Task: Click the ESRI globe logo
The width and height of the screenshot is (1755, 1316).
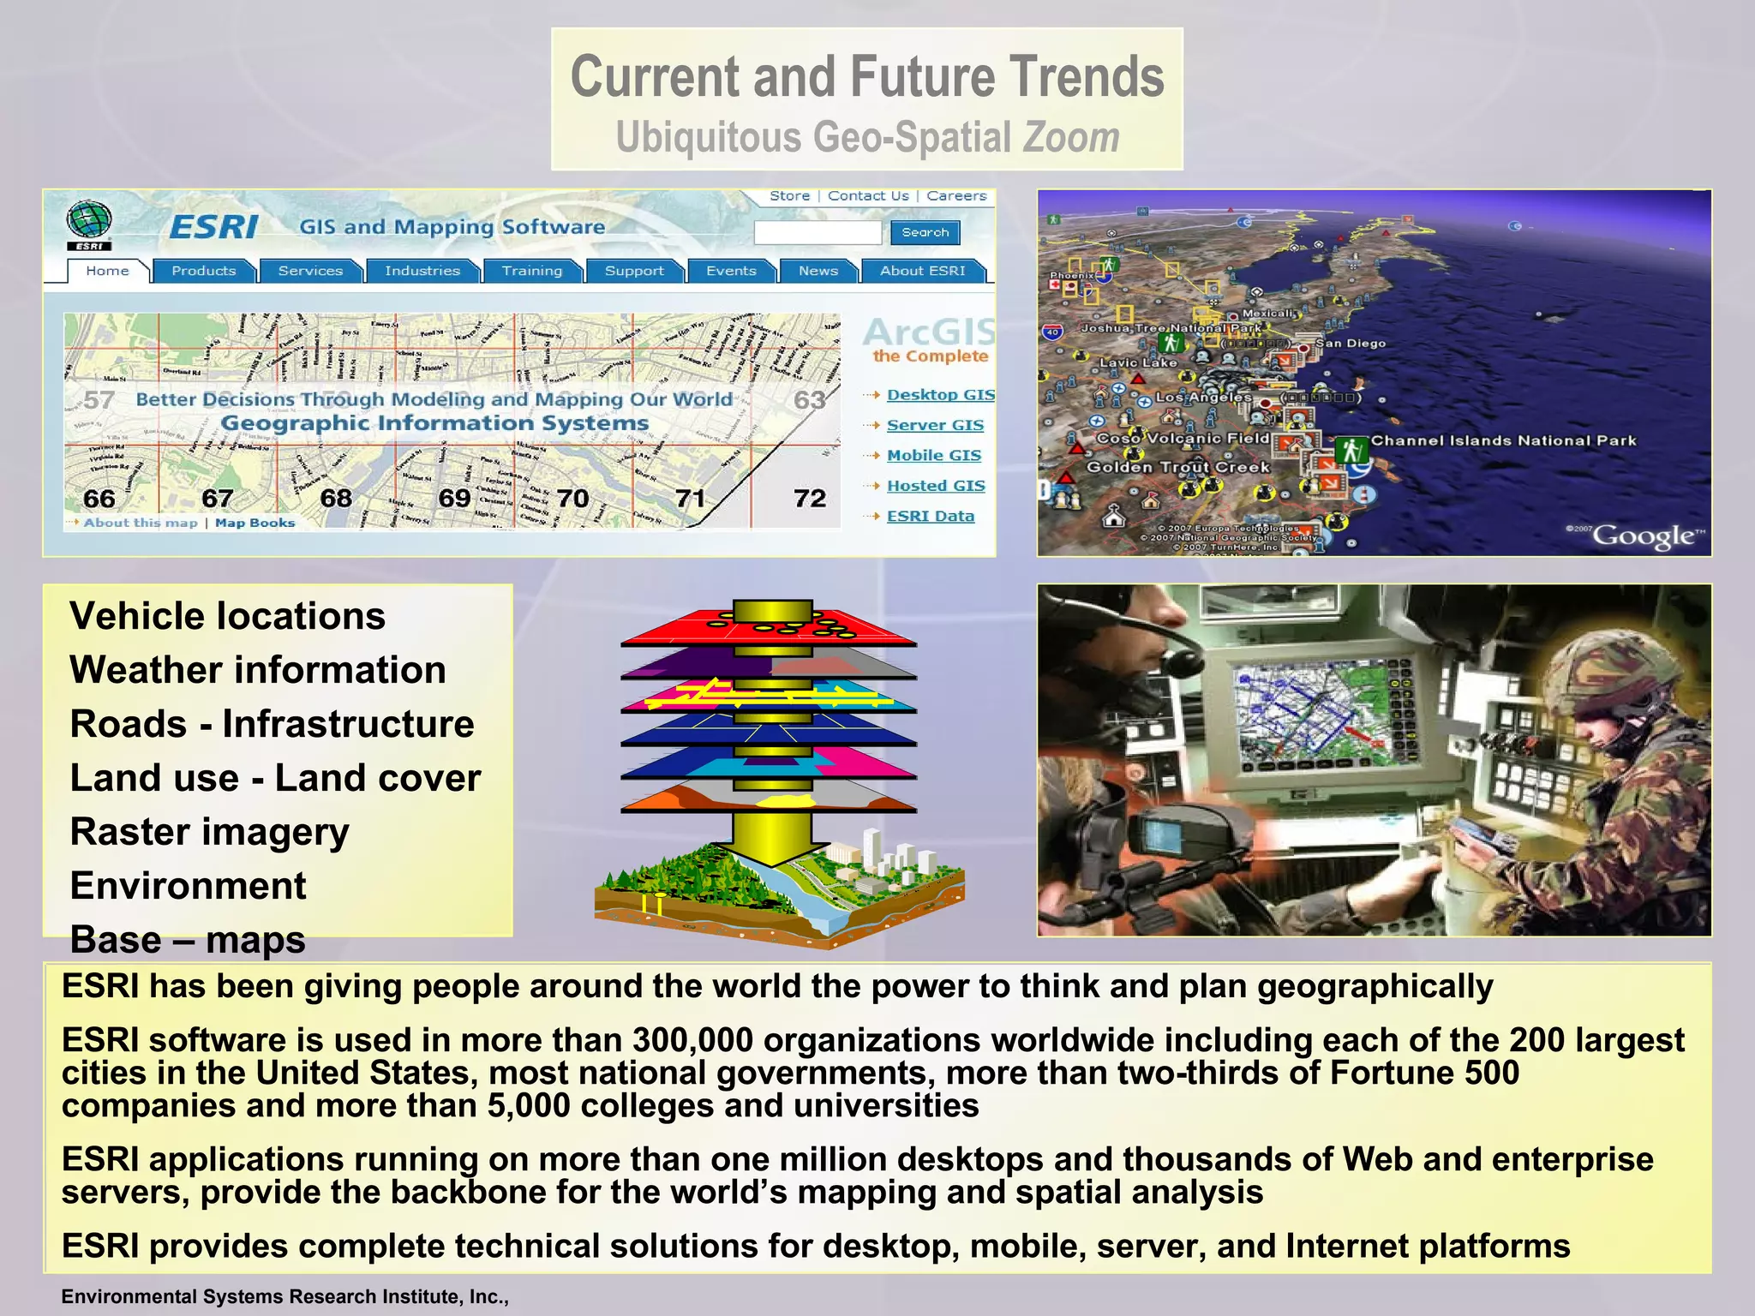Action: point(89,223)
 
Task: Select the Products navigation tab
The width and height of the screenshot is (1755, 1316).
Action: point(203,271)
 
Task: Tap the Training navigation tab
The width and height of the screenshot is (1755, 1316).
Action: point(531,271)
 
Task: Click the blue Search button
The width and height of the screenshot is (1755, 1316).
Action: point(925,232)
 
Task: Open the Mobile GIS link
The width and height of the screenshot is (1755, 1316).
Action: point(933,455)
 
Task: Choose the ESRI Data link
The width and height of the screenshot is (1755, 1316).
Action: point(930,516)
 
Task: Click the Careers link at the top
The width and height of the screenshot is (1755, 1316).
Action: point(956,196)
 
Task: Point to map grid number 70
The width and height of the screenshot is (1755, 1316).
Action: point(572,498)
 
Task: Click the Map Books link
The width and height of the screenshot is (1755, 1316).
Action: point(255,523)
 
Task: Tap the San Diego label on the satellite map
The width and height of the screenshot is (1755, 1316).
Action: point(1350,344)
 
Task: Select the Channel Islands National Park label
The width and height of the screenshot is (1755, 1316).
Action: point(1503,440)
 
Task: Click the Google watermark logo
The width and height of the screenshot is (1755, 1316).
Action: point(1644,536)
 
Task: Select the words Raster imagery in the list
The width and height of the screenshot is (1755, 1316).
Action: point(210,832)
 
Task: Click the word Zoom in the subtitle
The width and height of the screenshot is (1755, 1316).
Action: point(1071,137)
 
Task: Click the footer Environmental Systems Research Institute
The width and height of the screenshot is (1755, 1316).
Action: point(285,1296)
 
